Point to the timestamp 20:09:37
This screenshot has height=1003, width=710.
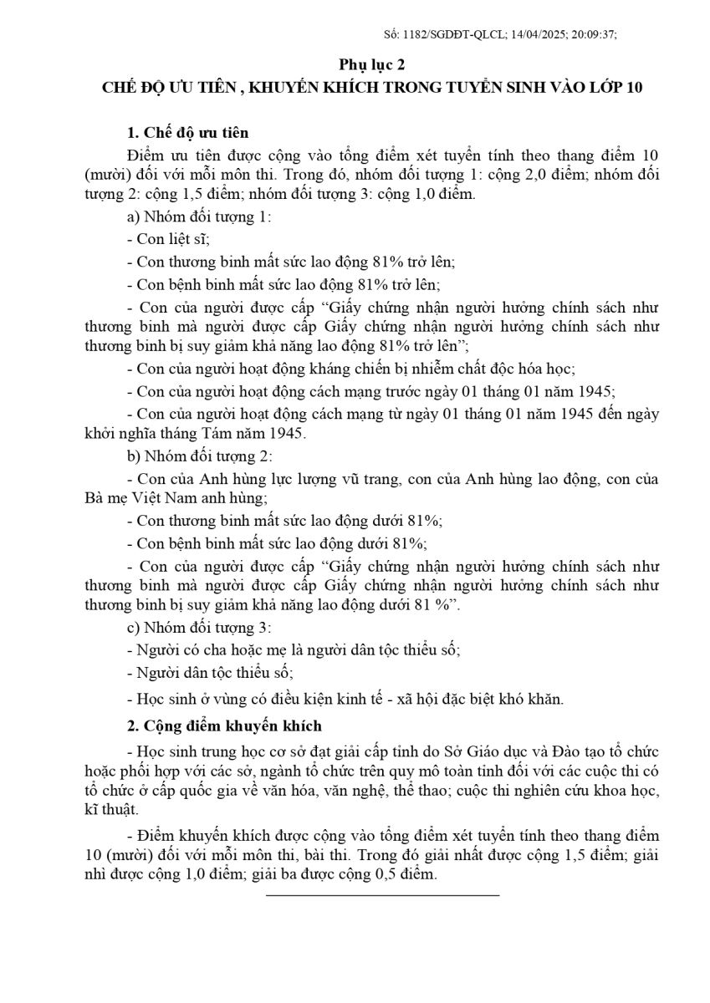(x=595, y=34)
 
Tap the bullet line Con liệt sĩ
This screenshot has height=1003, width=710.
(x=168, y=239)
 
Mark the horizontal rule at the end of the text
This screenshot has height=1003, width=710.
(x=382, y=895)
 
